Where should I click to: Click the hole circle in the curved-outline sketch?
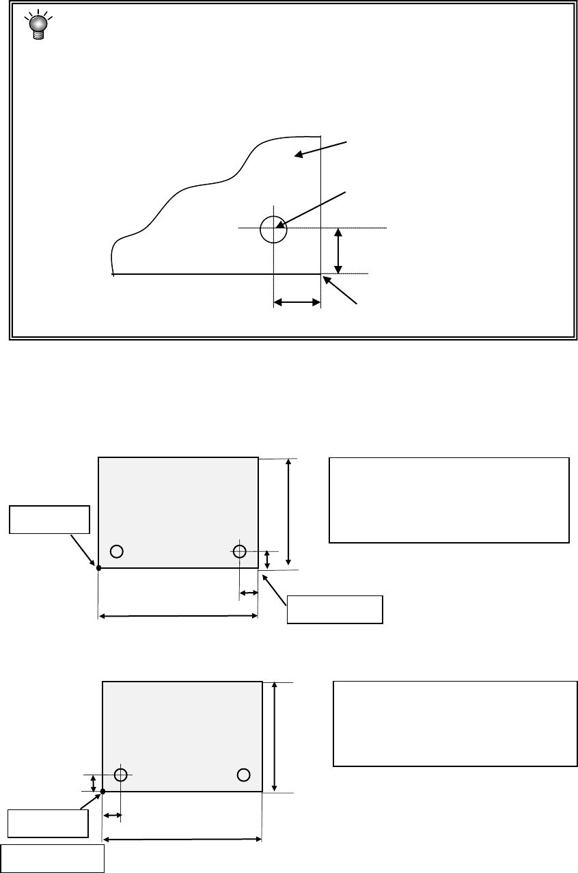tap(273, 229)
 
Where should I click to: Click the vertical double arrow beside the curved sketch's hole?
tap(338, 251)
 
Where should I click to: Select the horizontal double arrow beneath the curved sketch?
tap(297, 301)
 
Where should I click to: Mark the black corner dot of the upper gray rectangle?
tap(98, 567)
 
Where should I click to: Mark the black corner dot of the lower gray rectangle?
tap(102, 792)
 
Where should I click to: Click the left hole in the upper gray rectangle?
tap(117, 551)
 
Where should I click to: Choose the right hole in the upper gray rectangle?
tap(239, 551)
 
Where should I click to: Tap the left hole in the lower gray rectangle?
tap(121, 775)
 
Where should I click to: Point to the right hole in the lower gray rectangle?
tap(243, 774)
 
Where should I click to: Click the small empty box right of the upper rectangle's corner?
tap(335, 610)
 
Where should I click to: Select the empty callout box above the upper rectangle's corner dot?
tap(49, 520)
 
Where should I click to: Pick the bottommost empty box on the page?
tap(52, 859)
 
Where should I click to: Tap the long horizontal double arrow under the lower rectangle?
tap(182, 840)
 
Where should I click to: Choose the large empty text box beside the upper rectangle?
tap(449, 500)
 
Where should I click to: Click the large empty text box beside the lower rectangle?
tap(455, 723)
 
